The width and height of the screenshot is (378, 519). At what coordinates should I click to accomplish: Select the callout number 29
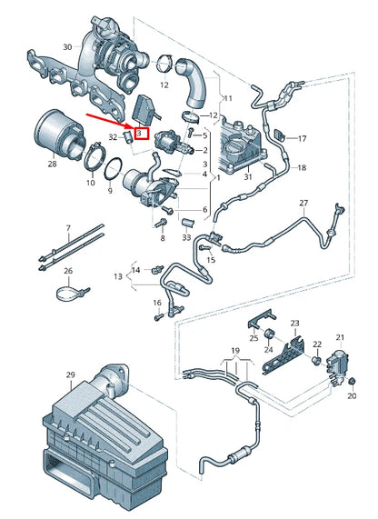pos(70,374)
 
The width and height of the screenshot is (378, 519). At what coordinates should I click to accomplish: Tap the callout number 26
pos(68,271)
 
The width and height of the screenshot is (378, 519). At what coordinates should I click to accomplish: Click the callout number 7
pos(66,226)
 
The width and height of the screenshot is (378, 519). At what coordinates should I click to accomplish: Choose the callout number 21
pos(342,336)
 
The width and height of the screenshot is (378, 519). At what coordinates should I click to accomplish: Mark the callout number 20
pos(352,396)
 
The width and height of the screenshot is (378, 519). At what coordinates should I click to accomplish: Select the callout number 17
pos(303,138)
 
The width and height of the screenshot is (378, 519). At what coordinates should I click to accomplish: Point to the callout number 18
pos(303,167)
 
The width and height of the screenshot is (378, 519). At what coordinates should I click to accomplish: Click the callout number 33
pos(185,238)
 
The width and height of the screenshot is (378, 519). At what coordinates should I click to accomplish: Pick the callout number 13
pos(117,275)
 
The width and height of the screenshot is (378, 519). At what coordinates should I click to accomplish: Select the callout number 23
pos(293,323)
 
